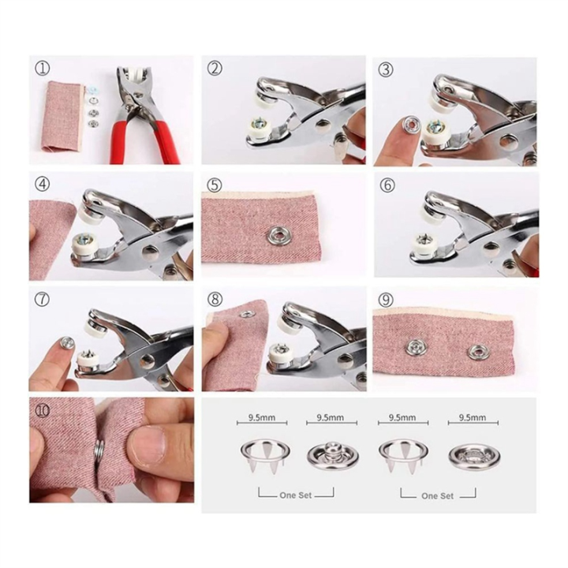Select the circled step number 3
(x=385, y=69)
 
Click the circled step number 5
(x=214, y=185)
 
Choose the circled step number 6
(x=387, y=185)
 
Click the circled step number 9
(x=386, y=300)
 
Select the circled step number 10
(x=42, y=409)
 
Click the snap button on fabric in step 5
(x=278, y=234)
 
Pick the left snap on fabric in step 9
(x=414, y=348)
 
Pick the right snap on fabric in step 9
(x=476, y=352)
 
